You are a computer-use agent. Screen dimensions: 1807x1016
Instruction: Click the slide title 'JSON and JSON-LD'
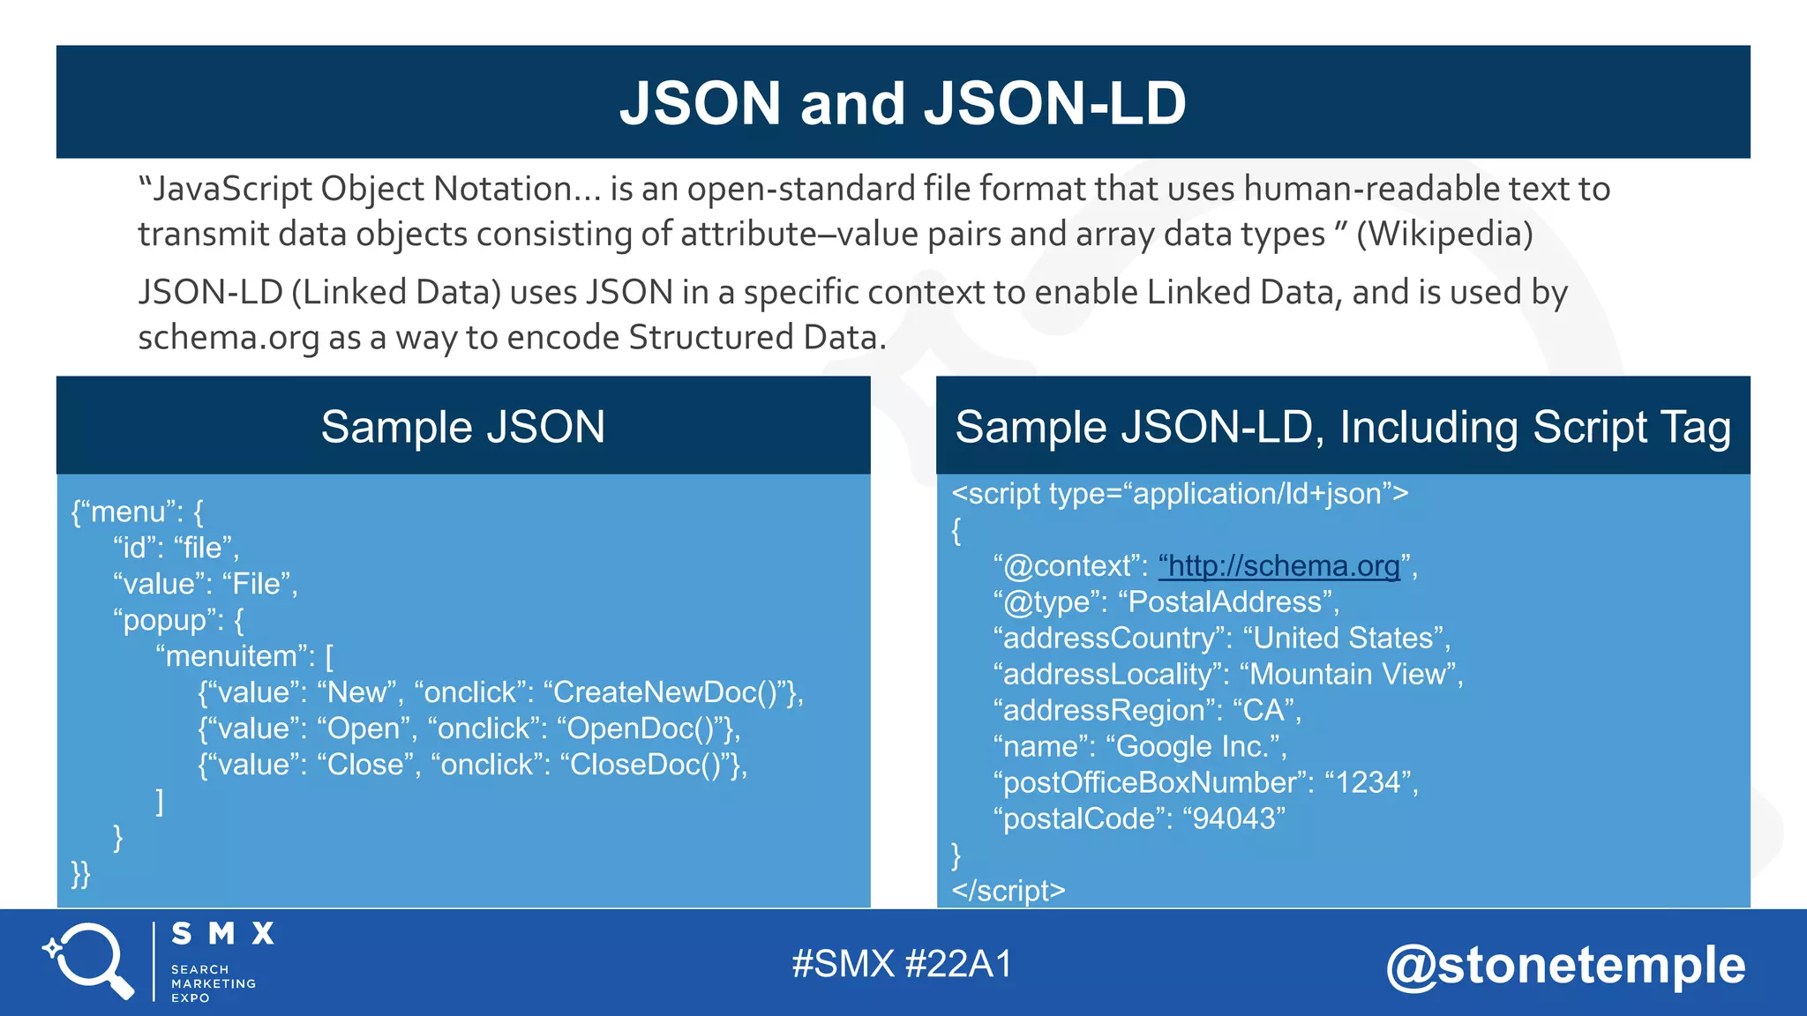tap(903, 103)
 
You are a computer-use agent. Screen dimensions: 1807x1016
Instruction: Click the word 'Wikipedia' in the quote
tap(1443, 234)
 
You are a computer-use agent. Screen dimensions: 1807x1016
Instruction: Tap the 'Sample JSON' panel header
tap(463, 427)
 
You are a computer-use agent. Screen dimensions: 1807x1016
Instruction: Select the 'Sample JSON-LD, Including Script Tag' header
tap(1342, 427)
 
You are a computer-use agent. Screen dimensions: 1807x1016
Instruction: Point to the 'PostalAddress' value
tap(1226, 602)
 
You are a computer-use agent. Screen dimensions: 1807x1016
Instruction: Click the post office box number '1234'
tap(1368, 783)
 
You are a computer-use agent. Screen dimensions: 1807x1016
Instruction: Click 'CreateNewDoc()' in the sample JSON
tap(668, 693)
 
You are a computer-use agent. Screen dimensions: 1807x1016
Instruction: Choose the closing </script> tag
tap(1008, 891)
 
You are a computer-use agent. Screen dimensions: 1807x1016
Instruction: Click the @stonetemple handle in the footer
tap(1565, 965)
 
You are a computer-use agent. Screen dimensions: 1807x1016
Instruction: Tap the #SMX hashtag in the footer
tap(843, 964)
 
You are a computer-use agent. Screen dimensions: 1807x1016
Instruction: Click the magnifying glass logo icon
tap(88, 960)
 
